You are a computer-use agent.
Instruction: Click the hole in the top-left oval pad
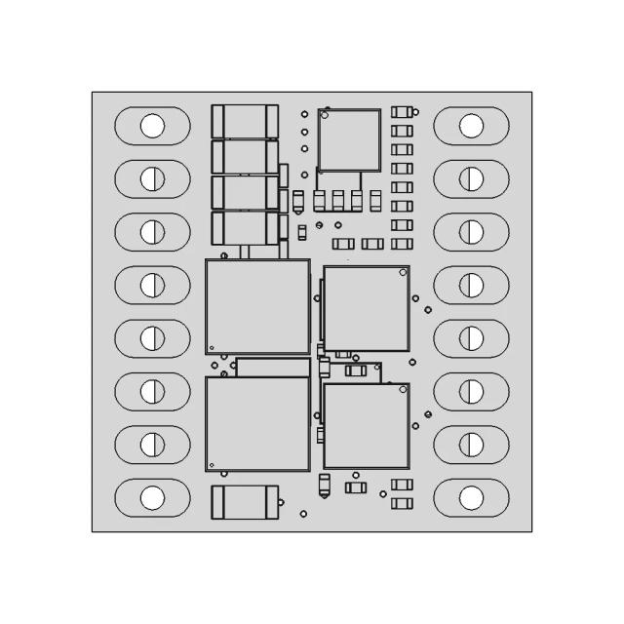tap(152, 126)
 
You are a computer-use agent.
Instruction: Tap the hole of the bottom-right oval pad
tap(471, 497)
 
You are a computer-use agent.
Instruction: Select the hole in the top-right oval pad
tap(471, 126)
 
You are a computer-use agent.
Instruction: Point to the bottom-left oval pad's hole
tap(152, 497)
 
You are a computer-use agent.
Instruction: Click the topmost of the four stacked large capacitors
tap(245, 122)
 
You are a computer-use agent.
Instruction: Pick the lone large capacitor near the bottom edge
tap(245, 502)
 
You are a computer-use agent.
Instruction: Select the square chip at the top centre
tap(349, 139)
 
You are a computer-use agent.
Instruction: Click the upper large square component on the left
tap(257, 306)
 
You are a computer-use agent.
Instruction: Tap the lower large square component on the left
tap(257, 423)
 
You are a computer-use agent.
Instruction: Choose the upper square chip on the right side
tap(366, 308)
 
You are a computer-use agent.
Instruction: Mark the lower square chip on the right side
tap(366, 425)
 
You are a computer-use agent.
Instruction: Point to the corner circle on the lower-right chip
tap(401, 390)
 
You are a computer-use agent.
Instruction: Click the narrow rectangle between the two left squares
tap(272, 367)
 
